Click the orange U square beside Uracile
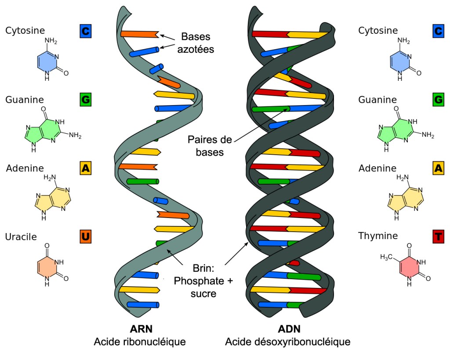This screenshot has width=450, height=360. pyautogui.click(x=86, y=237)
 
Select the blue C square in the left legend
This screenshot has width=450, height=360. pyautogui.click(x=86, y=31)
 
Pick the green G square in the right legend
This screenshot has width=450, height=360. pyautogui.click(x=438, y=100)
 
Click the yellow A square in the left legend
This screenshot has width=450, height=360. pyautogui.click(x=86, y=168)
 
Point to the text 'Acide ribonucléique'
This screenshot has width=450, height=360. pyautogui.click(x=140, y=342)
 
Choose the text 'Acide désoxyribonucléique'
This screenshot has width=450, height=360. pyautogui.click(x=288, y=342)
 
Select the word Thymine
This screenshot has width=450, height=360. pyautogui.click(x=378, y=236)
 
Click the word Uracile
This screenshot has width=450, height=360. pyautogui.click(x=21, y=237)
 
